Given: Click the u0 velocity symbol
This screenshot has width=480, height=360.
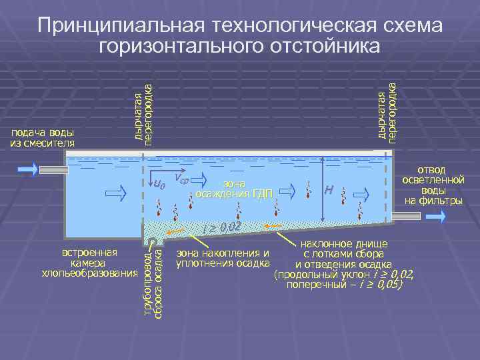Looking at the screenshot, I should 159,183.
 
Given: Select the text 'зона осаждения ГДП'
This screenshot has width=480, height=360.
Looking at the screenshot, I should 234,189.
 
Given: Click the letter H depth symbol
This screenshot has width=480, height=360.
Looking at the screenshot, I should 328,190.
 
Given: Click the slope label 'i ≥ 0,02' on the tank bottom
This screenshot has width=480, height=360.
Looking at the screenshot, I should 221,229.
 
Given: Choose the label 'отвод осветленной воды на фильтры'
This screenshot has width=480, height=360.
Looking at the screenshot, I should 433,185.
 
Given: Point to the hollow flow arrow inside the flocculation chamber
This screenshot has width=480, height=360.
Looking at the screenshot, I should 115,193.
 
